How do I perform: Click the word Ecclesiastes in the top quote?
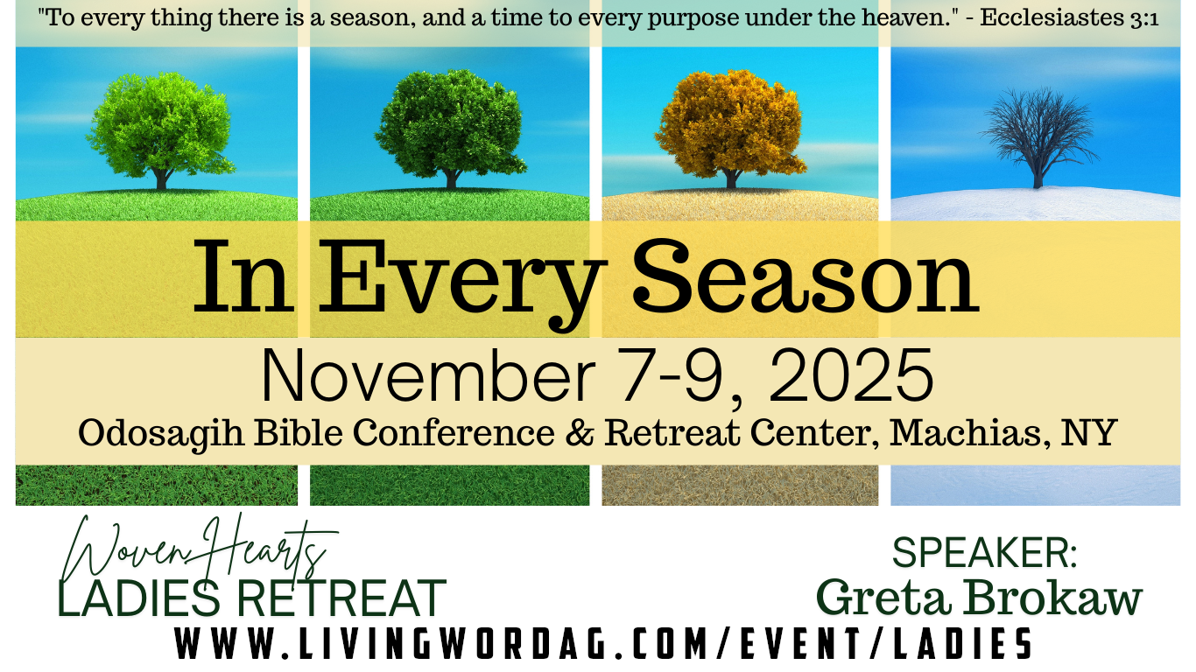(x=1051, y=17)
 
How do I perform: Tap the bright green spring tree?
(x=161, y=130)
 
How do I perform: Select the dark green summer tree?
(x=451, y=128)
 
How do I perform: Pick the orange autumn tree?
(x=731, y=128)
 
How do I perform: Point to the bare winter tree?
(x=1038, y=137)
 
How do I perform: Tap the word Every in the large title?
(x=462, y=283)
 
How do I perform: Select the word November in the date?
(x=427, y=375)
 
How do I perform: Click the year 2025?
(x=851, y=375)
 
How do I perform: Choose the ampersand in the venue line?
(x=580, y=431)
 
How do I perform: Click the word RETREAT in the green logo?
(x=341, y=598)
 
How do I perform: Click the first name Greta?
(x=883, y=598)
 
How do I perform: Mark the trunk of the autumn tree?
(x=731, y=178)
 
